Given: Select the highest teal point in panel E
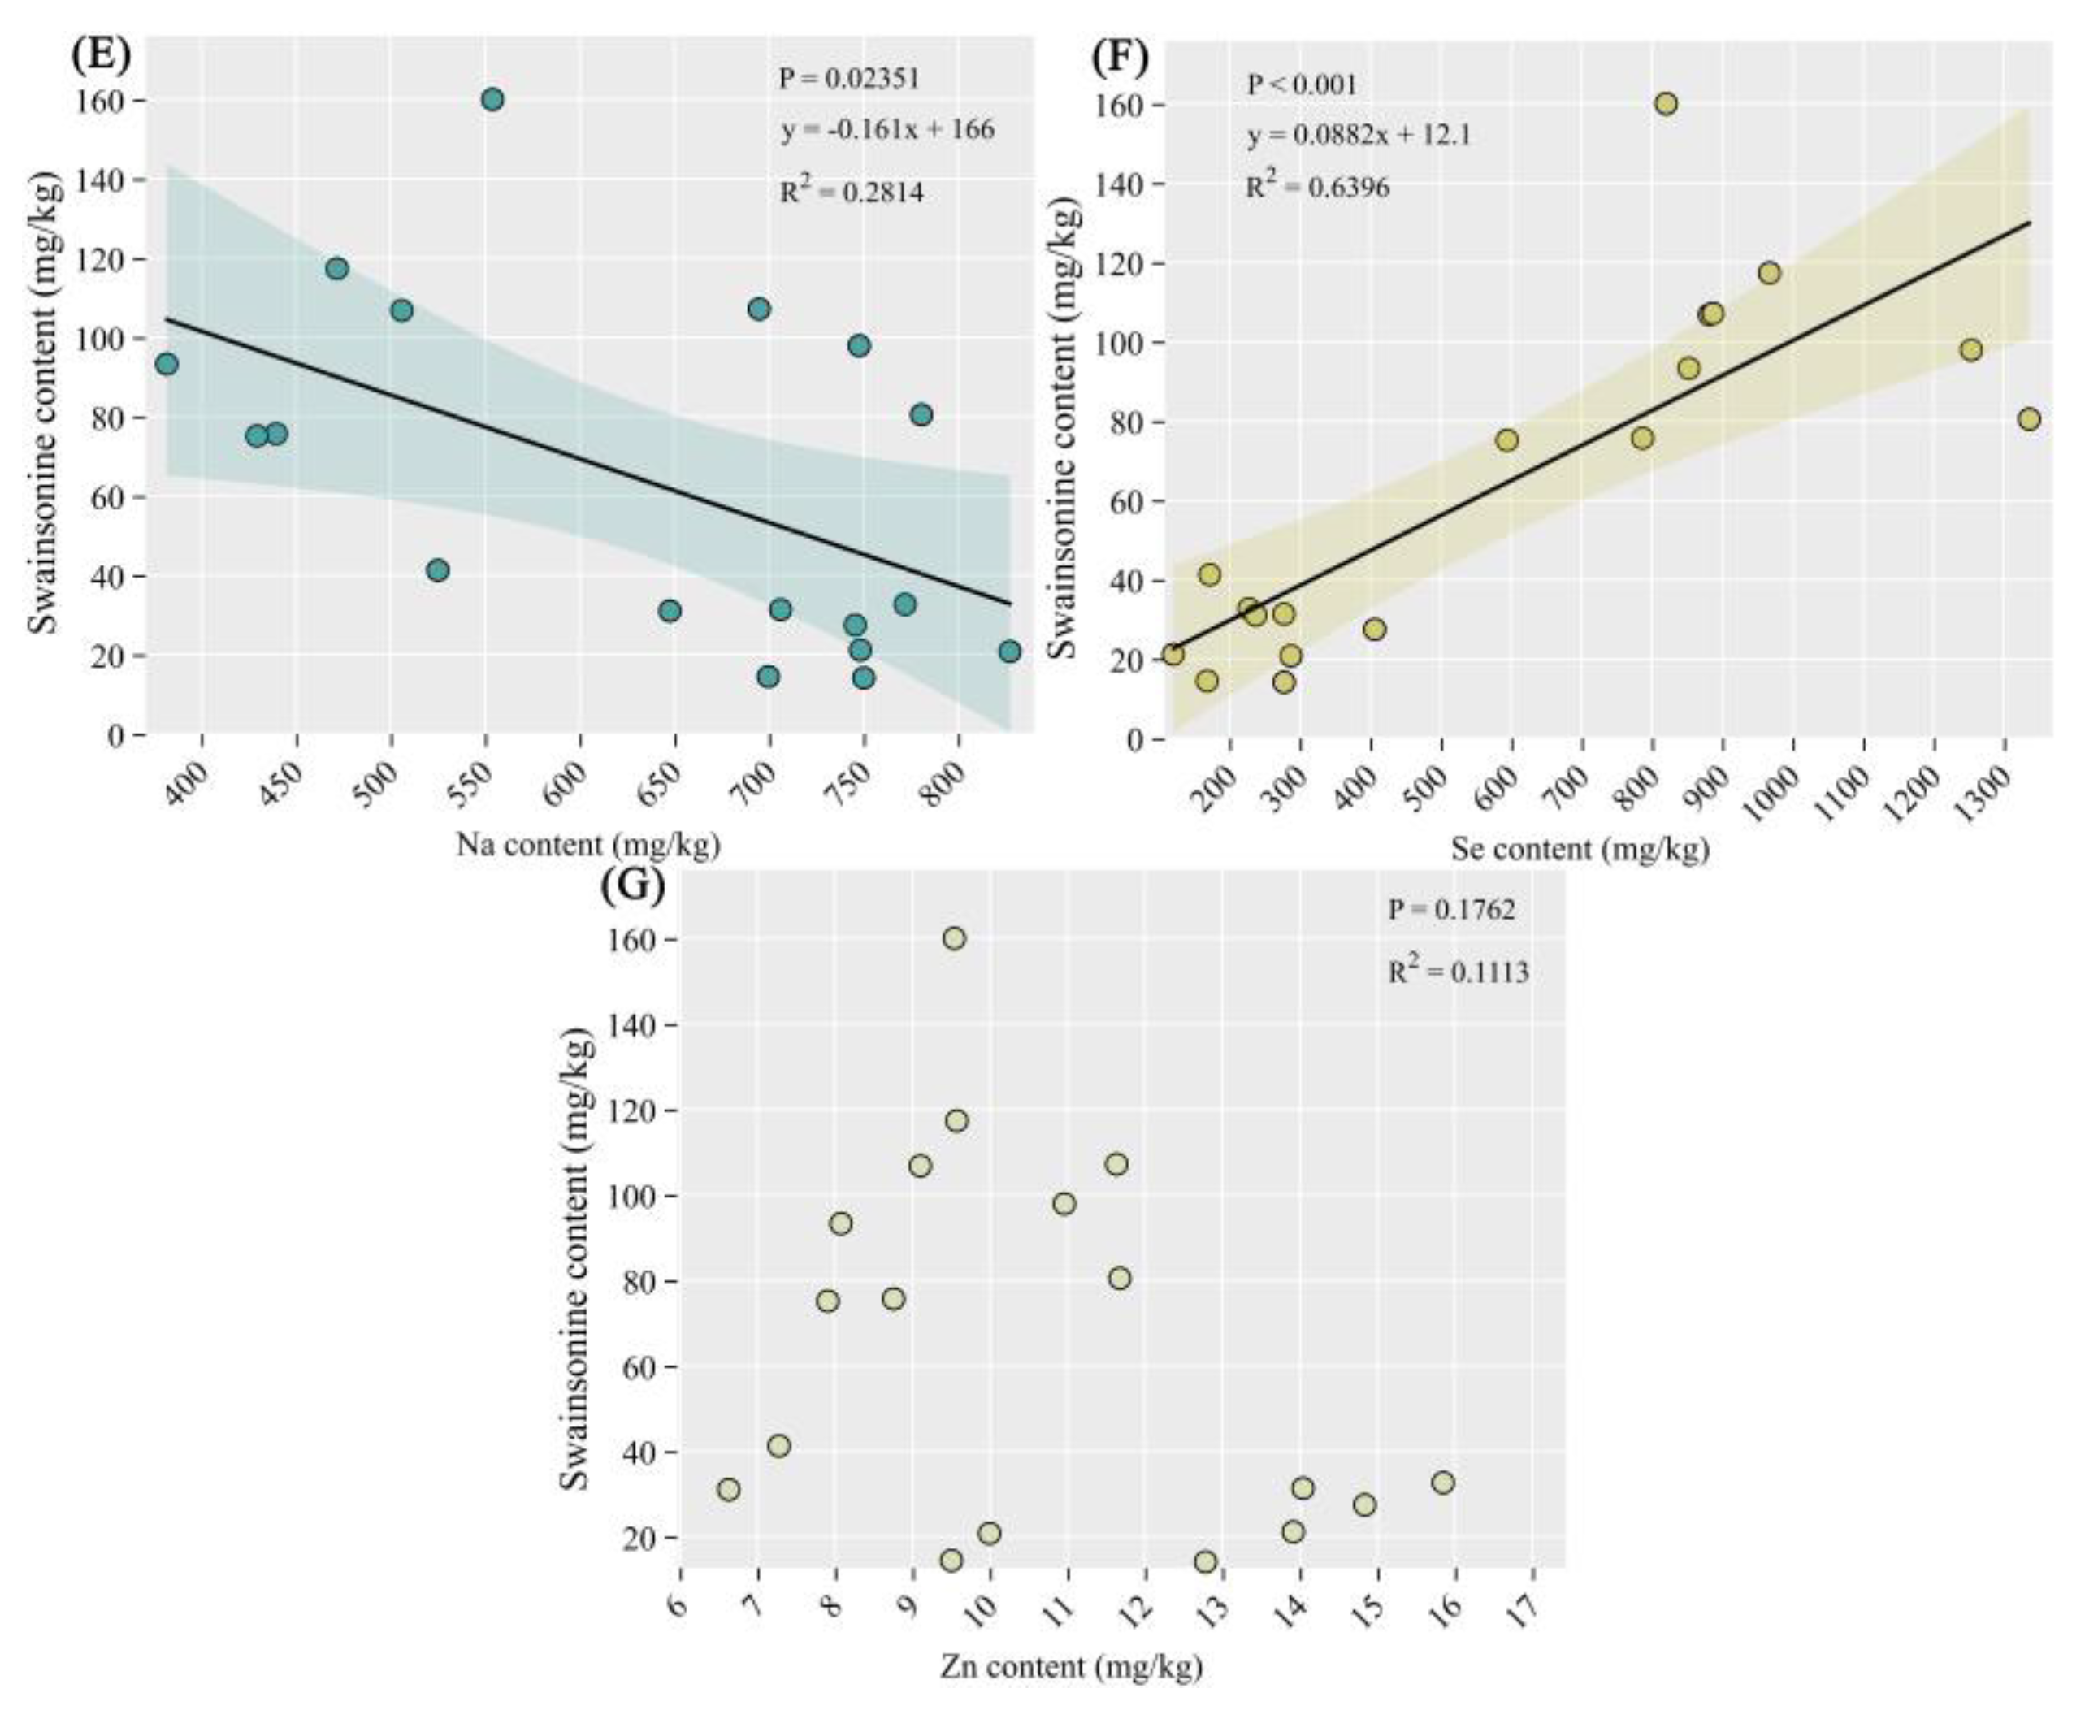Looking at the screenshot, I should pyautogui.click(x=492, y=99).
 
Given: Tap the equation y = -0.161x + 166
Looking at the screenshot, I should pyautogui.click(x=886, y=130).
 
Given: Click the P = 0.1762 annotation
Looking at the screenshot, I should pyautogui.click(x=1450, y=909).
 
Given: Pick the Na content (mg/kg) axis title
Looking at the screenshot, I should pyautogui.click(x=587, y=846).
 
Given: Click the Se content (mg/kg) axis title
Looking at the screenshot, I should pyautogui.click(x=1580, y=850).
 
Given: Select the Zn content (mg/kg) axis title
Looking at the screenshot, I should pyautogui.click(x=1071, y=1666).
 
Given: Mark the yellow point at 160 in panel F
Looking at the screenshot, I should pyautogui.click(x=1666, y=103).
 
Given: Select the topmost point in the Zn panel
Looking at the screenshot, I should pyautogui.click(x=954, y=938).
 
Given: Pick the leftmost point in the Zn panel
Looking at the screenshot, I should pyautogui.click(x=729, y=1489).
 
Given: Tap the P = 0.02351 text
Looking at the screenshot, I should pyautogui.click(x=849, y=79).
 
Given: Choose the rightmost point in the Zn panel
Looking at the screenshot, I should pyautogui.click(x=1442, y=1482).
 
